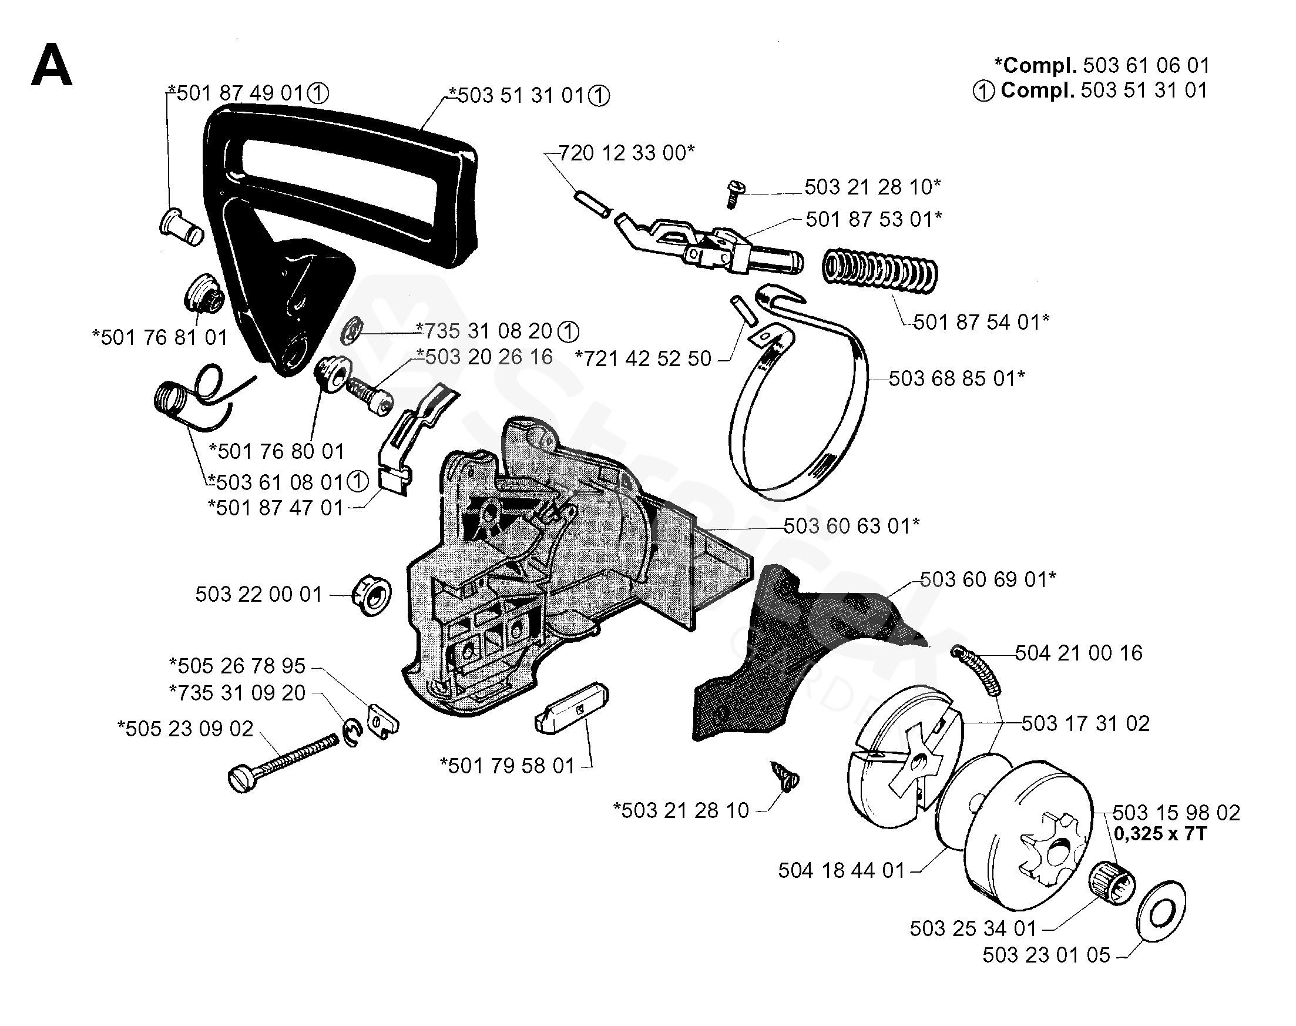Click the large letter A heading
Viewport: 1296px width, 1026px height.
[x=52, y=66]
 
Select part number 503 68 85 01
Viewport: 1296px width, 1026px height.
[x=955, y=378]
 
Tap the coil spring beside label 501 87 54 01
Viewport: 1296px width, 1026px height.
[x=879, y=271]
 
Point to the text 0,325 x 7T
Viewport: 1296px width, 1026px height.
[x=1160, y=834]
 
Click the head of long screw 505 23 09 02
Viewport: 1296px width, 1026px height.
[x=240, y=780]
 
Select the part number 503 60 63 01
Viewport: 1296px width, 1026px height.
[x=850, y=526]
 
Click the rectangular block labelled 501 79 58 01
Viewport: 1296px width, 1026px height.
[x=571, y=707]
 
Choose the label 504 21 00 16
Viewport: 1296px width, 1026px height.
[x=1079, y=653]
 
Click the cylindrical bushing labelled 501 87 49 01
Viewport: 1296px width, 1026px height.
[x=181, y=226]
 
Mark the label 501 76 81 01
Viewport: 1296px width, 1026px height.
[x=160, y=338]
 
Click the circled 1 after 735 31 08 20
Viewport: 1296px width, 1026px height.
[x=568, y=331]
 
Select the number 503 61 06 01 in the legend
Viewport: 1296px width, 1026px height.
[x=1146, y=65]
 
